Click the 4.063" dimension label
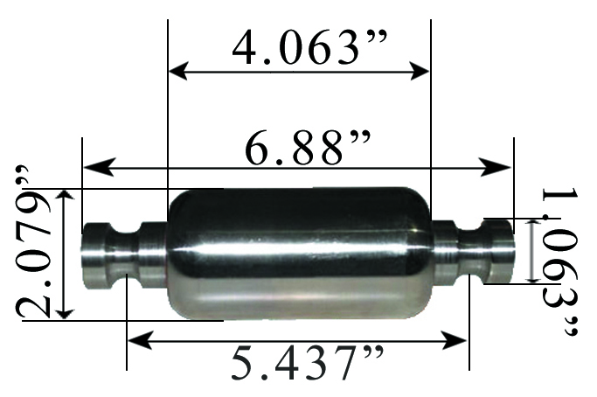(297, 45)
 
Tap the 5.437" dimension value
(298, 366)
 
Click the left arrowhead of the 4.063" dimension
(175, 71)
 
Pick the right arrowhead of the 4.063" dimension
(423, 71)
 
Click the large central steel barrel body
(297, 254)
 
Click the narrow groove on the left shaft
(125, 254)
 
